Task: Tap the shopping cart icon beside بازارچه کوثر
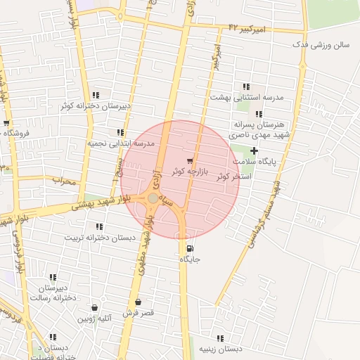189,161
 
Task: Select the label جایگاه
191,259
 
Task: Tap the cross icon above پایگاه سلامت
254,150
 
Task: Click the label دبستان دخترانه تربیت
100,237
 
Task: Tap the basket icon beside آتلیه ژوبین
94,308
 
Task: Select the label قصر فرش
137,311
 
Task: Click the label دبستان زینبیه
219,349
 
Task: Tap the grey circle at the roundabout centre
153,199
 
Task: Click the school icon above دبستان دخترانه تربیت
98,226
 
